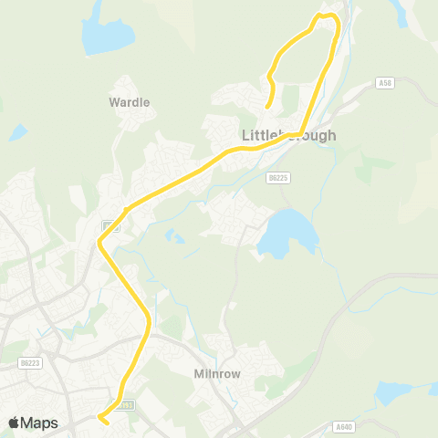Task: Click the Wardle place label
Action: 129,102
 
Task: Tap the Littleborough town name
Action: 288,135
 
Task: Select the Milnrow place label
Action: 216,374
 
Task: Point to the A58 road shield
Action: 384,83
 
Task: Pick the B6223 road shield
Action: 30,363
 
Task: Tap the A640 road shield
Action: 343,426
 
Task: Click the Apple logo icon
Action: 16,422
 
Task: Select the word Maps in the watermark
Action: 41,422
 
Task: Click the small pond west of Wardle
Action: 18,133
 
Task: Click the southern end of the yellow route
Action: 103,422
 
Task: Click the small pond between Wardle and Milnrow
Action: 174,238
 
